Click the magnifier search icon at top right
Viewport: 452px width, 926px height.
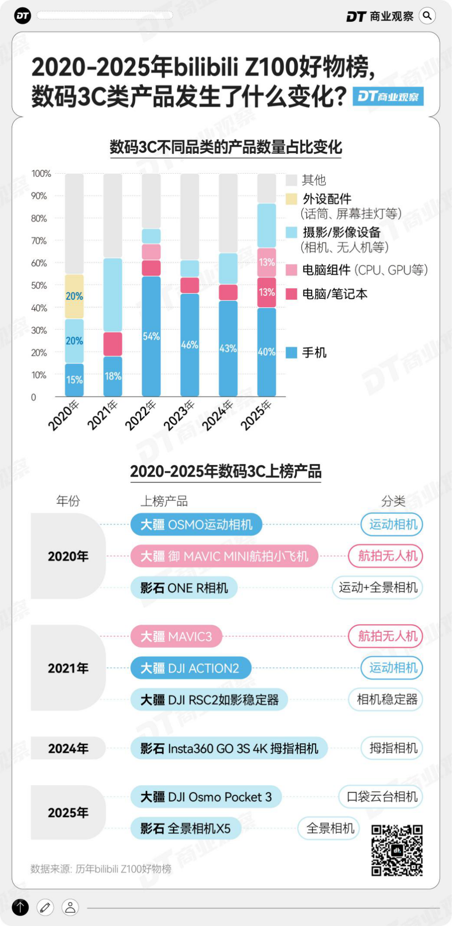pyautogui.click(x=427, y=16)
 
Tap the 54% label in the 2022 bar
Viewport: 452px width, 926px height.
pyautogui.click(x=151, y=337)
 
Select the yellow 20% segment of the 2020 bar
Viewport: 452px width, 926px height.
pyautogui.click(x=75, y=296)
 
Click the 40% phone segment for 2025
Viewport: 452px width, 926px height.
pyautogui.click(x=267, y=352)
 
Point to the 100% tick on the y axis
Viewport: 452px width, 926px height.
pyautogui.click(x=41, y=174)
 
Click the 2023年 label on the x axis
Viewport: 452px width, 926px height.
pyautogui.click(x=179, y=415)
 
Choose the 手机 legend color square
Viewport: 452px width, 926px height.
pyautogui.click(x=291, y=353)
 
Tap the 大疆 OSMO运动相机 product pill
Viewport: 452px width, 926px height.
pyautogui.click(x=196, y=525)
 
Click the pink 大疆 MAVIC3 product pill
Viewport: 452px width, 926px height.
pyautogui.click(x=176, y=636)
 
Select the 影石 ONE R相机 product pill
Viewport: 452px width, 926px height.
pyautogui.click(x=184, y=588)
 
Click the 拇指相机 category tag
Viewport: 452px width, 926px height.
pyautogui.click(x=393, y=748)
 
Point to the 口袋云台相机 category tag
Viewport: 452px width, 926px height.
pyautogui.click(x=381, y=797)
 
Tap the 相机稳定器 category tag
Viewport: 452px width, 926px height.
pyautogui.click(x=386, y=699)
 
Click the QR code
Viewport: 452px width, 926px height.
pyautogui.click(x=397, y=850)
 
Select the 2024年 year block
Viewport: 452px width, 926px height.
pyautogui.click(x=68, y=748)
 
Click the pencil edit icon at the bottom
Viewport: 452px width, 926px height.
pyautogui.click(x=45, y=908)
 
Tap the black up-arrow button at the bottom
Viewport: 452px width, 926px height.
pyautogui.click(x=20, y=908)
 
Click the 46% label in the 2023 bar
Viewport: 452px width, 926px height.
pyautogui.click(x=189, y=345)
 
